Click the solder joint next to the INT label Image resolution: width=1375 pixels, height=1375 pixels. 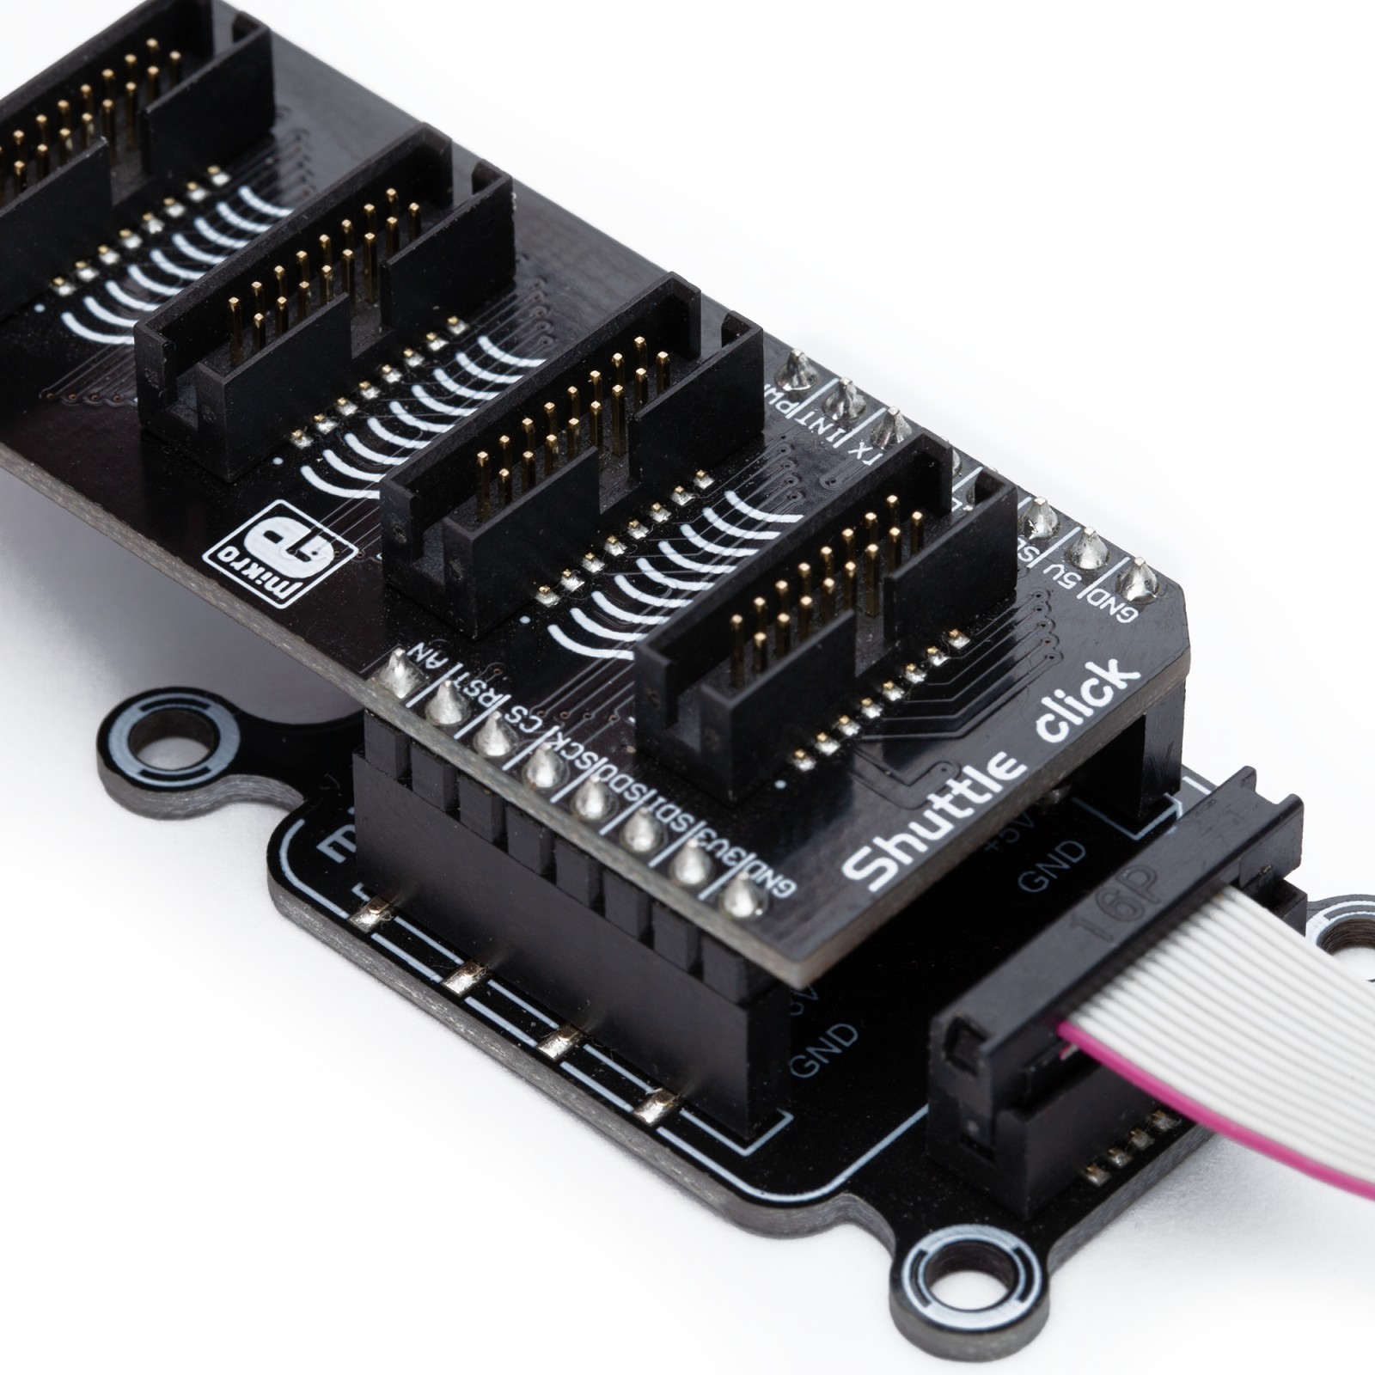point(844,398)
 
